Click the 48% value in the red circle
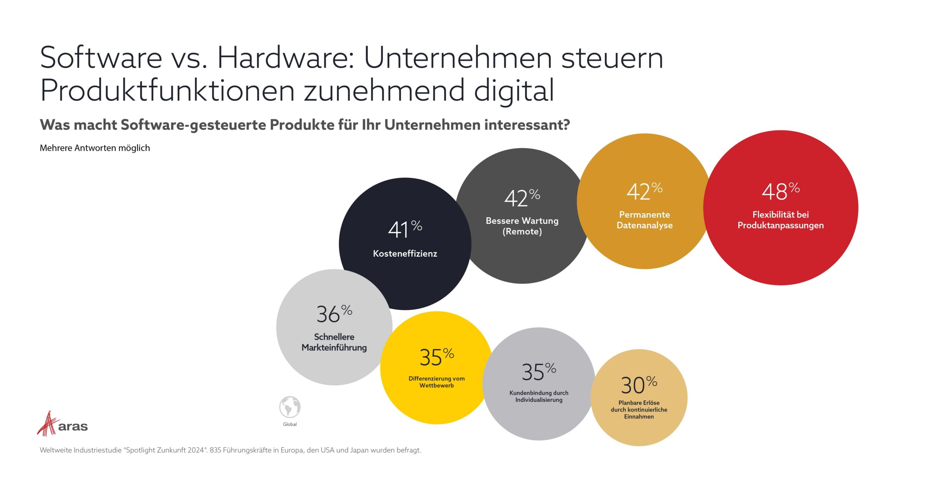pos(780,192)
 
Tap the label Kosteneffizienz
pos(405,254)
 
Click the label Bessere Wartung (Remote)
pos(522,226)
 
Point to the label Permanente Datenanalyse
pos(645,220)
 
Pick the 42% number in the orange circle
pos(644,192)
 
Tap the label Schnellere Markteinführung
pos(334,342)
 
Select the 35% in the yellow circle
pos(436,357)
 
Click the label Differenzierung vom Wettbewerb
pos(437,382)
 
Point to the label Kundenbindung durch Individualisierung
pos(539,396)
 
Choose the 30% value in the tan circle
pos(638,385)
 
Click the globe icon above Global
pos(290,407)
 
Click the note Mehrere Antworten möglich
pos(95,148)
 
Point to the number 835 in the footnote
pos(215,450)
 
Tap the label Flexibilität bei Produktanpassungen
pos(780,220)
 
